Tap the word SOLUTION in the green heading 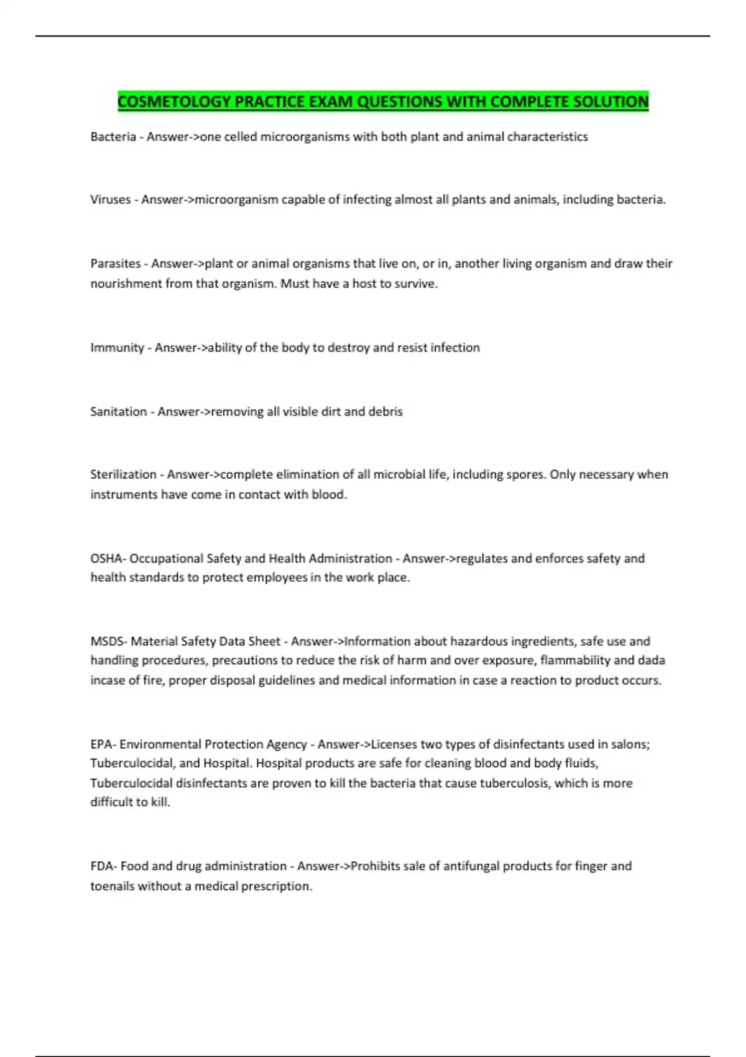click(610, 101)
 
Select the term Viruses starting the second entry click(111, 200)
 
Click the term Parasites click(116, 264)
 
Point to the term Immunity click(117, 348)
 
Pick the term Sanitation click(119, 412)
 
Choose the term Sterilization click(123, 474)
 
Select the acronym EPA click(101, 744)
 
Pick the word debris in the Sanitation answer click(385, 412)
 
